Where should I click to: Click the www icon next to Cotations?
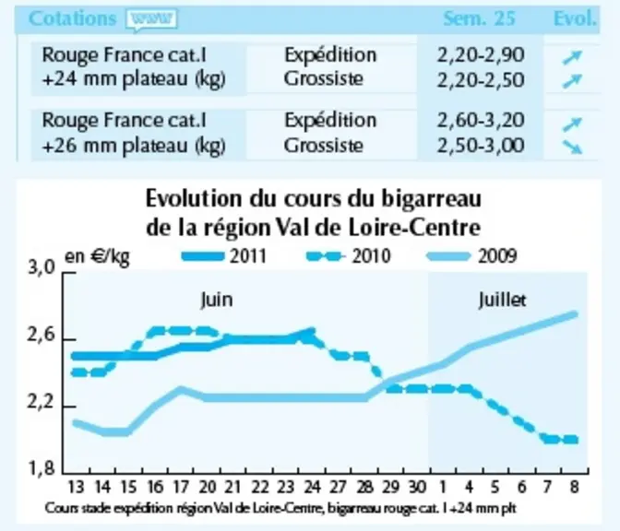pos(151,19)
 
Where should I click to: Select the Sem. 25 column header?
pos(479,18)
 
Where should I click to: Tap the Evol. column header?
pos(575,18)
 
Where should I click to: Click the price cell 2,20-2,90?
pos(481,55)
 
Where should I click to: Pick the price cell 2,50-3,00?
pos(481,146)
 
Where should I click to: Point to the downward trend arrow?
pos(572,147)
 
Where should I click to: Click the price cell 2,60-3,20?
pos(481,120)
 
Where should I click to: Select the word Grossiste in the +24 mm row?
pos(323,78)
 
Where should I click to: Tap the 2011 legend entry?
pos(224,256)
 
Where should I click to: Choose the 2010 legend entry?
pos(349,256)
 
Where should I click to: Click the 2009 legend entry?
pos(472,256)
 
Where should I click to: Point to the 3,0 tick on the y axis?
pos(41,268)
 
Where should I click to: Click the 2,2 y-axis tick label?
pos(41,403)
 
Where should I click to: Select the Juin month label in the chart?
pos(217,300)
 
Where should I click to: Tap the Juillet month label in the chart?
pos(502,300)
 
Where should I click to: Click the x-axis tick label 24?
pos(312,487)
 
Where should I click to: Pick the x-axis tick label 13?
pos(76,487)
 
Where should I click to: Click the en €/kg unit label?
pos(97,257)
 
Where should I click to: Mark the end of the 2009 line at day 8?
pos(576,314)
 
